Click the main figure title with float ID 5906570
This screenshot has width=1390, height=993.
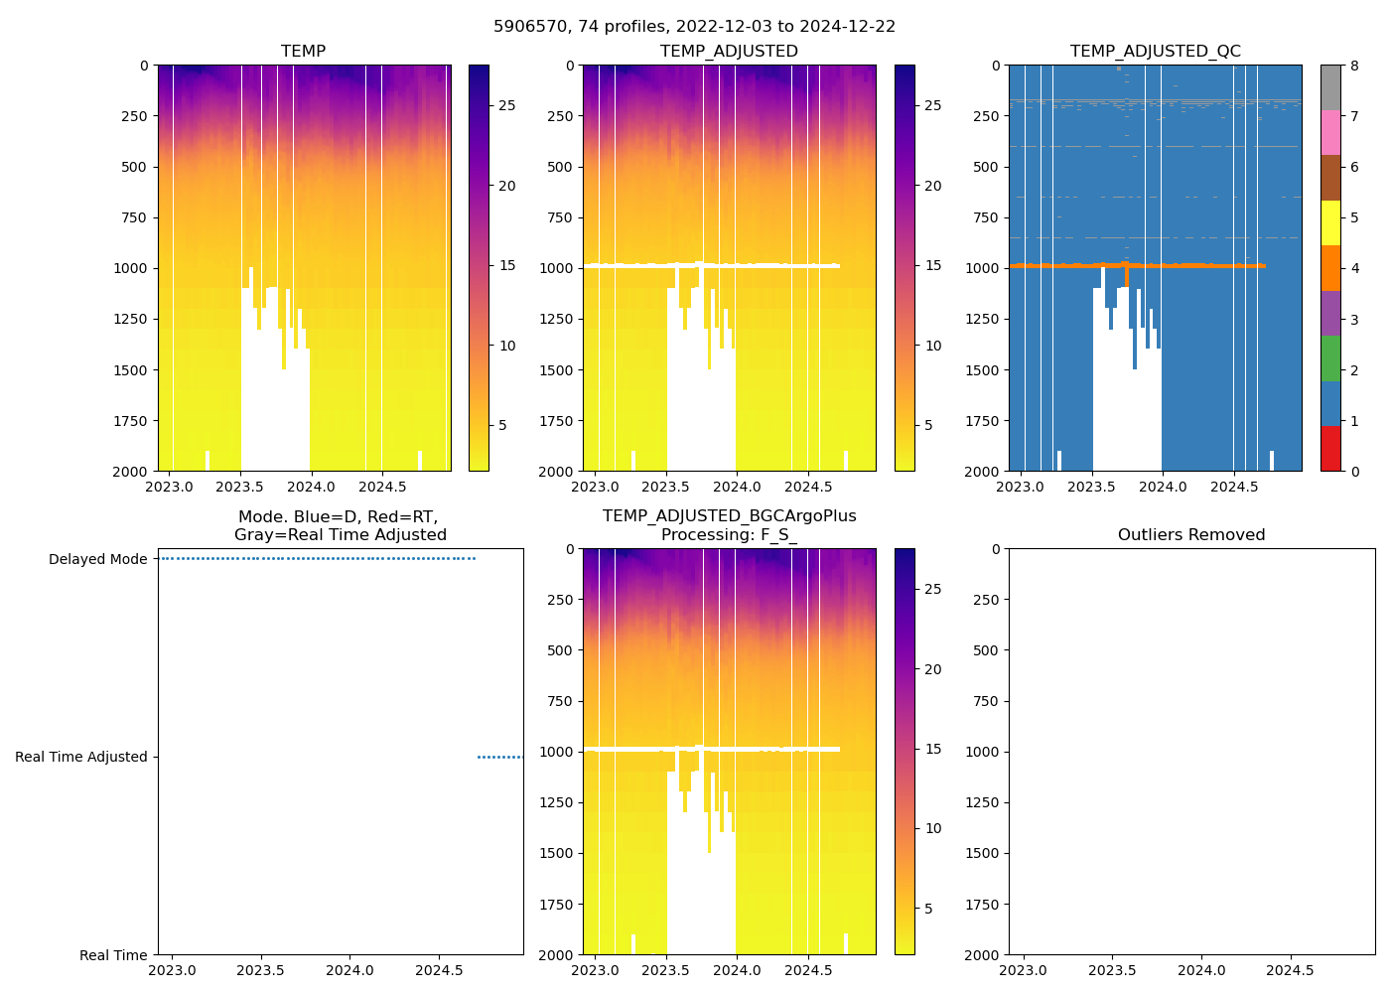[x=694, y=27]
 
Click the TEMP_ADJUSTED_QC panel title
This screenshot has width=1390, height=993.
[x=1155, y=52]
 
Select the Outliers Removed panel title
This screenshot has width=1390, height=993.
[x=1191, y=535]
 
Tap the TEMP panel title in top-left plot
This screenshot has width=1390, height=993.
[x=303, y=52]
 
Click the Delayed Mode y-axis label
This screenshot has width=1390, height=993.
[x=97, y=559]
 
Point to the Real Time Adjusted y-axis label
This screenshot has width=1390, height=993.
[x=81, y=757]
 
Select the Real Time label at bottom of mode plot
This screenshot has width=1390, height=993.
[x=113, y=955]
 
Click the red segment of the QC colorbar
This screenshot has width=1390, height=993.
[x=1330, y=448]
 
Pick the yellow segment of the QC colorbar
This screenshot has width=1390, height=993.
[x=1330, y=222]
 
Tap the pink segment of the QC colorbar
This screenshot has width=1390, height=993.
[x=1330, y=132]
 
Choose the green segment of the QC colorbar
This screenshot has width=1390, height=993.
[x=1330, y=357]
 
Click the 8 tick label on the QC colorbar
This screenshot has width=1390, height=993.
[x=1354, y=66]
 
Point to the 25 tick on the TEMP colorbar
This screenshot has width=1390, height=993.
[x=506, y=106]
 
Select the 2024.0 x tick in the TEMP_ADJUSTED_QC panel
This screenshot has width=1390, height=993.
[x=1163, y=487]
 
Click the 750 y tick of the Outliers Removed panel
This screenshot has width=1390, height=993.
[x=985, y=701]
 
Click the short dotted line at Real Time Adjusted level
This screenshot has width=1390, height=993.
[x=499, y=757]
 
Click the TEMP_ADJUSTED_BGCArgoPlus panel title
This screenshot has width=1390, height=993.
[x=729, y=525]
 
